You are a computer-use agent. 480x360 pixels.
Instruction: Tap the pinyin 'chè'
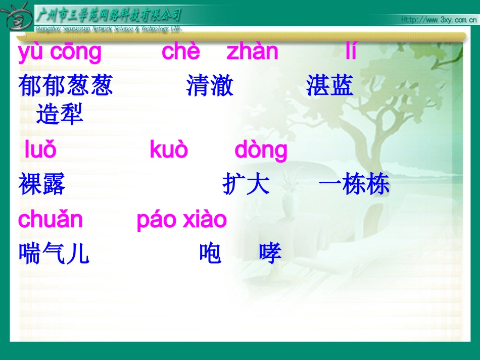[x=181, y=52]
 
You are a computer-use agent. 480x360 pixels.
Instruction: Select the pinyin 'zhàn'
[x=252, y=52]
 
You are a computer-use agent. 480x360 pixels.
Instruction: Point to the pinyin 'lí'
[x=351, y=52]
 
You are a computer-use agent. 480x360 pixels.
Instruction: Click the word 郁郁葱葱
[x=66, y=86]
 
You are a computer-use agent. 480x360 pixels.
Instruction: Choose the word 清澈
[x=210, y=86]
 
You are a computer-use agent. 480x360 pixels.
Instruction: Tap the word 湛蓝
[x=329, y=86]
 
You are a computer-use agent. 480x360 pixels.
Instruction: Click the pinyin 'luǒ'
[x=40, y=150]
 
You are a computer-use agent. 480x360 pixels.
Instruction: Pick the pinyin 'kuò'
[x=169, y=150]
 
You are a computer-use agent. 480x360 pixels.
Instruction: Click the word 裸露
[x=42, y=185]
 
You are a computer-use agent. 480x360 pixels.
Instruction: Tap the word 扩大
[x=246, y=185]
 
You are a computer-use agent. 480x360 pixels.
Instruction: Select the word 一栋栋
[x=354, y=185]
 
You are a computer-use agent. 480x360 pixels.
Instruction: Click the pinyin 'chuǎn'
[x=50, y=220]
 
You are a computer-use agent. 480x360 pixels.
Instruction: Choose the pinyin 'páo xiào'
[x=182, y=220]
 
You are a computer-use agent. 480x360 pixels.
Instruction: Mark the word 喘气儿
[x=54, y=254]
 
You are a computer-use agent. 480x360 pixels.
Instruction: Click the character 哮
[x=270, y=254]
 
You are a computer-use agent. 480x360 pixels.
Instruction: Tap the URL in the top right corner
[x=439, y=20]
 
